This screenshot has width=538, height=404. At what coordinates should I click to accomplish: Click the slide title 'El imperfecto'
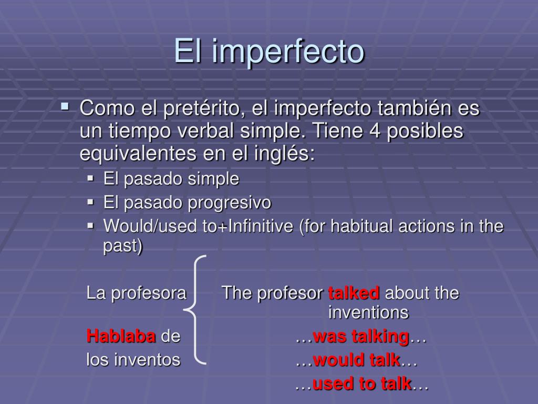(x=269, y=52)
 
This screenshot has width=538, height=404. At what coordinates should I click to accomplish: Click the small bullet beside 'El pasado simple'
(x=90, y=178)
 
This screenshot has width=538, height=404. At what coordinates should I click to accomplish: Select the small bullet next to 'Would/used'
(x=90, y=226)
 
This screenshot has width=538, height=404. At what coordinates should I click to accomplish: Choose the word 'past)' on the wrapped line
(x=122, y=246)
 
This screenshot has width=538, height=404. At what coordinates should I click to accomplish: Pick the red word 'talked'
(x=354, y=293)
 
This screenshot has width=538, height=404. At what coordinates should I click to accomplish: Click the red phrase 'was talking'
(x=361, y=336)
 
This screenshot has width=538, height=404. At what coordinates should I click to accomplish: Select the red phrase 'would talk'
(x=357, y=360)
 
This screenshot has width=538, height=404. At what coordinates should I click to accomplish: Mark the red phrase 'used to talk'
(x=362, y=383)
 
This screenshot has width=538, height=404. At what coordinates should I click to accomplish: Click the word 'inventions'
(x=368, y=312)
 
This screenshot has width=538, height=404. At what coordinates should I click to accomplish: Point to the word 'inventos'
(x=147, y=360)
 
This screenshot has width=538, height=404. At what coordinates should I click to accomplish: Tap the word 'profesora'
(x=149, y=294)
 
